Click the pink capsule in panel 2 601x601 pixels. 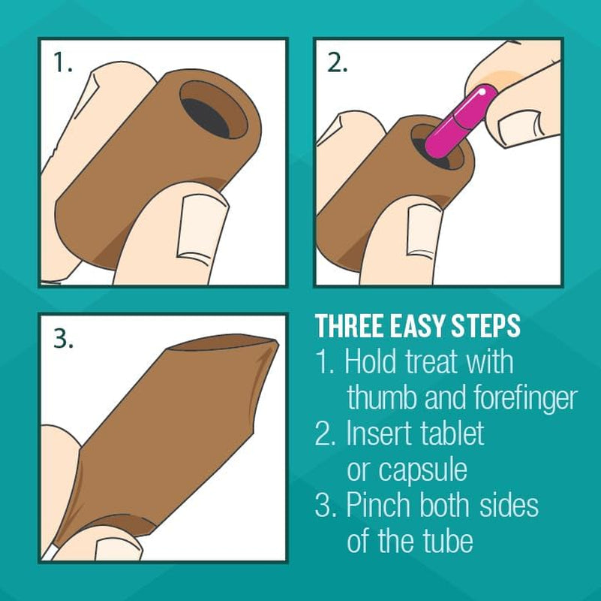point(461,122)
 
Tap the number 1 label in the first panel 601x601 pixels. point(62,62)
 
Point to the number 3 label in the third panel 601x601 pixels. point(63,339)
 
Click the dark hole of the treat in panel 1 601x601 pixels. point(206,118)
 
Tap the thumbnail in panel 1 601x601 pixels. point(200,229)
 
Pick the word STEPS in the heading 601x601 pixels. point(485,326)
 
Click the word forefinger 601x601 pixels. point(525,398)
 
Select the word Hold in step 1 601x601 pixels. point(370,361)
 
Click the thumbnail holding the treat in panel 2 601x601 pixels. point(422,231)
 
